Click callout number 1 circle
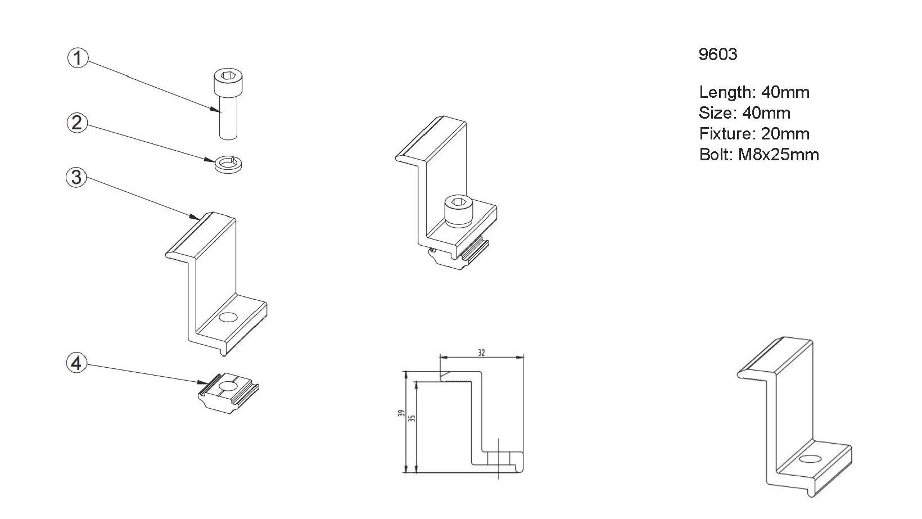click(78, 58)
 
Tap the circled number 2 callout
click(78, 123)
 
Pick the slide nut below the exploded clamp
click(228, 392)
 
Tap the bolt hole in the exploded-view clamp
click(228, 318)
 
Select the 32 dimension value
click(481, 353)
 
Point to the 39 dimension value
click(401, 413)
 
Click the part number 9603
click(717, 55)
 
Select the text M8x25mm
click(778, 155)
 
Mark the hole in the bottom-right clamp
click(810, 459)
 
